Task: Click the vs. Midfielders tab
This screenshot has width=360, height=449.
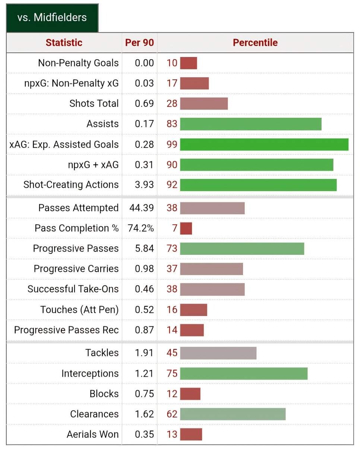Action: pyautogui.click(x=52, y=18)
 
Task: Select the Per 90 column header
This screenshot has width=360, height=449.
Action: pyautogui.click(x=139, y=42)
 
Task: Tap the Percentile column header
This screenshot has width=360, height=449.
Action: pyautogui.click(x=255, y=42)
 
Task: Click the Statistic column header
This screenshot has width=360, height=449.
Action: pyautogui.click(x=64, y=42)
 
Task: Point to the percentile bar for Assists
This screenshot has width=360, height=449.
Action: pyautogui.click(x=250, y=124)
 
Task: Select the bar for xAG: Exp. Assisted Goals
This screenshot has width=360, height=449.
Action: pyautogui.click(x=264, y=145)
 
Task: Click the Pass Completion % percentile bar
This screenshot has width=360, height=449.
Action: pyautogui.click(x=186, y=228)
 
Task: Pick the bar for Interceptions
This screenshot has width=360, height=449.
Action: pyautogui.click(x=244, y=373)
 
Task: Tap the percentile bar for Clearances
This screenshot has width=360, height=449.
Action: pyautogui.click(x=233, y=414)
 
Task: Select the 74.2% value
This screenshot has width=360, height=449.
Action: pyautogui.click(x=140, y=228)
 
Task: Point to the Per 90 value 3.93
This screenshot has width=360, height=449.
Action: pyautogui.click(x=144, y=185)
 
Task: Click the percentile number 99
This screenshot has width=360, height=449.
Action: pyautogui.click(x=172, y=145)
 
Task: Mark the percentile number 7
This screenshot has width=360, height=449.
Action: pyautogui.click(x=174, y=228)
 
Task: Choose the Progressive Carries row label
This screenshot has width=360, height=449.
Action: pyautogui.click(x=76, y=269)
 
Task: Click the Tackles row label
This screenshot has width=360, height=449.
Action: pyautogui.click(x=102, y=353)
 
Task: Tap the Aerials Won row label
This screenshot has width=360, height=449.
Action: pyautogui.click(x=92, y=434)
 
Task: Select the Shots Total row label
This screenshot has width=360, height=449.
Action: pyautogui.click(x=94, y=104)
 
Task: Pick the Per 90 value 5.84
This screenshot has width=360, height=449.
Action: pyautogui.click(x=144, y=249)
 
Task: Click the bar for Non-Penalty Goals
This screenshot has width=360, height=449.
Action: pyautogui.click(x=188, y=63)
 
